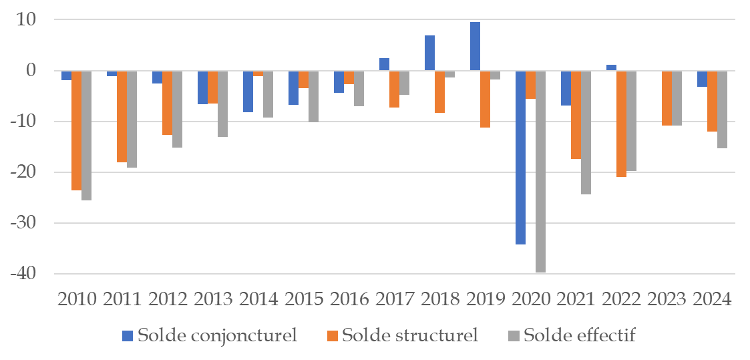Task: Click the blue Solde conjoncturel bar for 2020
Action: [x=520, y=157]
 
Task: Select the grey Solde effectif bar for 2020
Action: [x=540, y=171]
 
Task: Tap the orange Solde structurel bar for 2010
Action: [x=76, y=130]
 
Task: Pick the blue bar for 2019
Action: [x=475, y=46]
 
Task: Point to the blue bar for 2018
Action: [x=429, y=53]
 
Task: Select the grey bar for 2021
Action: [x=586, y=132]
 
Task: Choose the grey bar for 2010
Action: [x=86, y=135]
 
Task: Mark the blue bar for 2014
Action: [x=248, y=91]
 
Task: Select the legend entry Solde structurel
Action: [x=402, y=335]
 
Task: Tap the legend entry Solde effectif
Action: [x=572, y=335]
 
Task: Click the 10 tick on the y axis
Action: [x=33, y=19]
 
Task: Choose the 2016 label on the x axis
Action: [x=349, y=299]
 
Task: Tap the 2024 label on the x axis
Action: [x=713, y=299]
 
